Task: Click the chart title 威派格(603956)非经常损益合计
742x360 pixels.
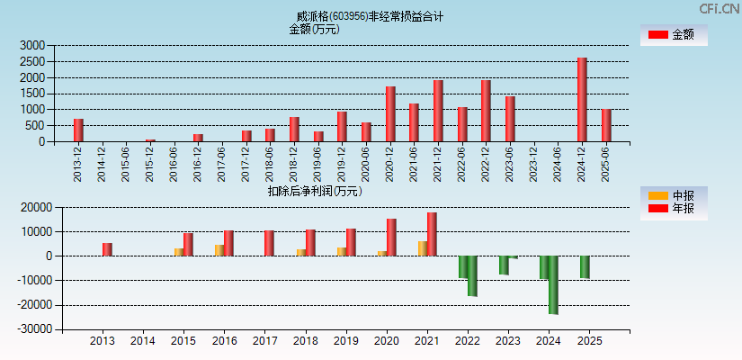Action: (370, 16)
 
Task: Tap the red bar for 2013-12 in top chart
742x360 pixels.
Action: (78, 130)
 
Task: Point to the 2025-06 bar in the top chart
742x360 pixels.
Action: (606, 126)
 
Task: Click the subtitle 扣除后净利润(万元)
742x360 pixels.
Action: (315, 191)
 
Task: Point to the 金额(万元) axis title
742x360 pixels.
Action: (314, 29)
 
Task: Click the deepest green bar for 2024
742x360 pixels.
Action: (553, 284)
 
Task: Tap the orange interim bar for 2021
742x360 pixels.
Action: (423, 248)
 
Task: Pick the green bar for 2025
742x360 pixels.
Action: (585, 266)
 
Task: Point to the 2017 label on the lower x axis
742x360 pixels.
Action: (264, 342)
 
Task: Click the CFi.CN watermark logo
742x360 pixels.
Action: (720, 9)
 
